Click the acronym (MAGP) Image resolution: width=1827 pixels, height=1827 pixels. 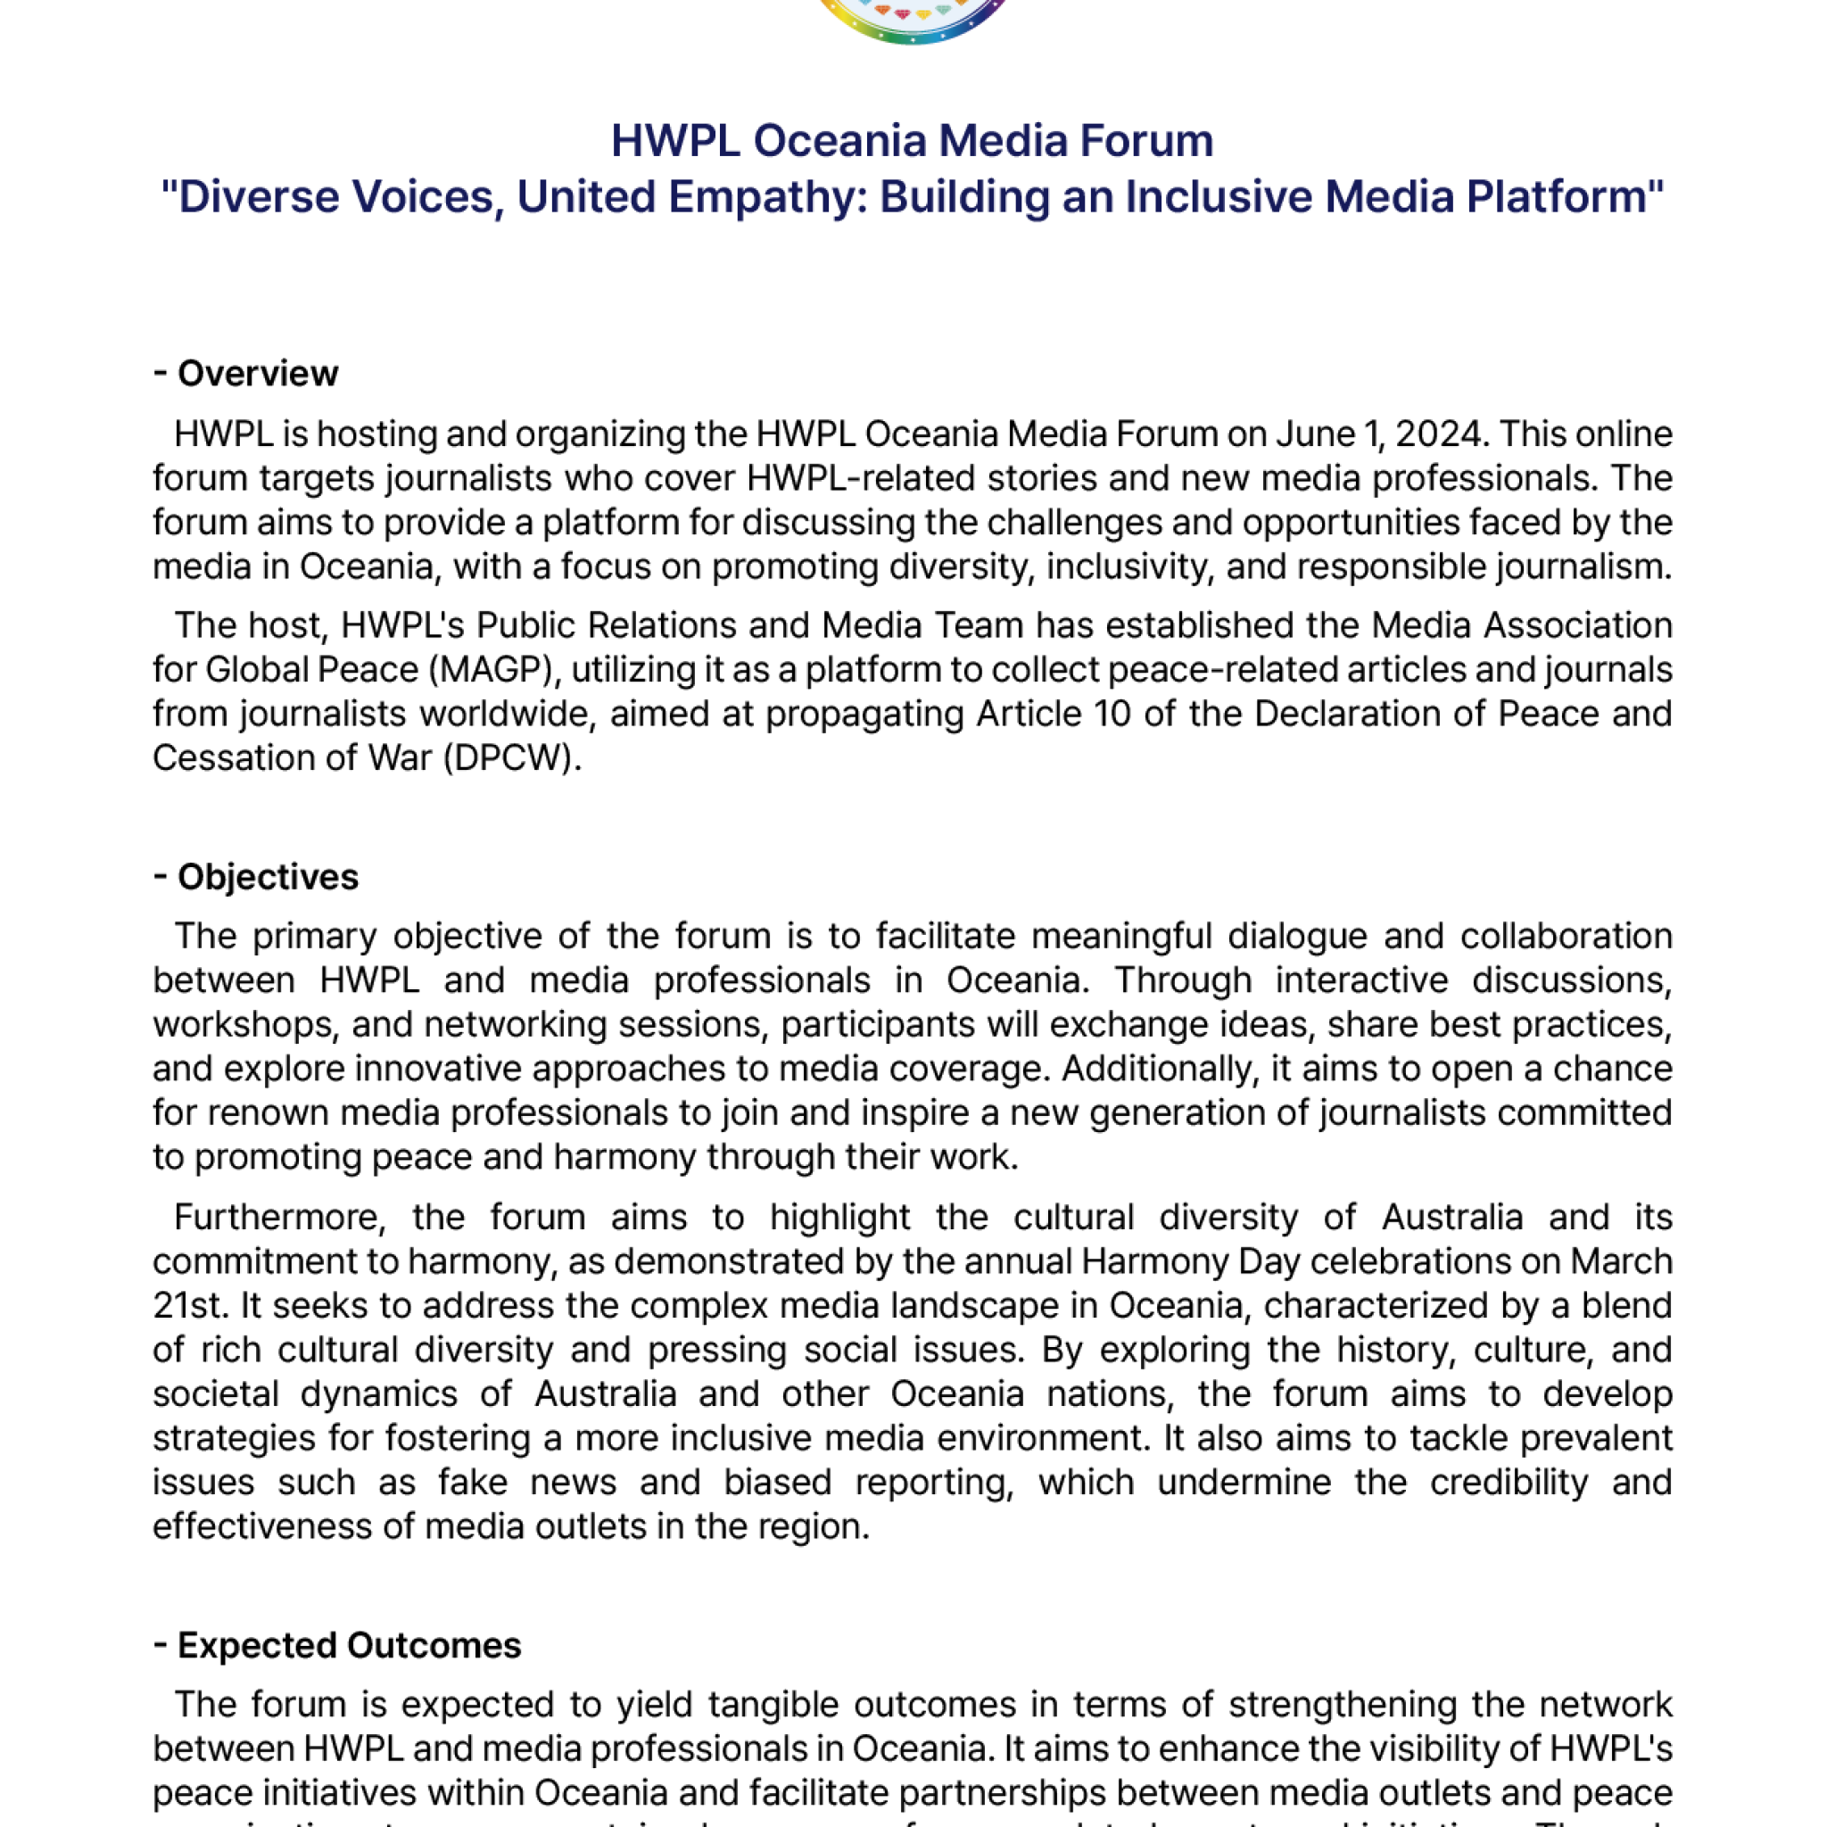tap(494, 670)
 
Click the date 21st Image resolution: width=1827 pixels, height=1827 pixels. tap(190, 1306)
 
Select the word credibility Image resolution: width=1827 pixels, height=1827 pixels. tap(1509, 1483)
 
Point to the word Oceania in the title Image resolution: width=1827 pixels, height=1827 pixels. tap(839, 141)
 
